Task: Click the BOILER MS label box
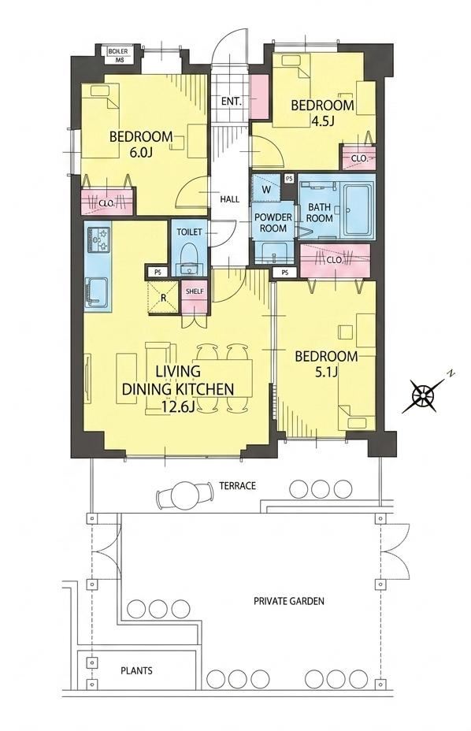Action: coord(120,54)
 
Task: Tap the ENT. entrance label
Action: coord(232,101)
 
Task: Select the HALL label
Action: coord(230,199)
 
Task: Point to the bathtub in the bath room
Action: coord(358,210)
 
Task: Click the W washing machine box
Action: coord(266,188)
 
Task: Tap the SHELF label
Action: coord(195,291)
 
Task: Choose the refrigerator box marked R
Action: coord(163,297)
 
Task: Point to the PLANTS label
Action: coord(136,671)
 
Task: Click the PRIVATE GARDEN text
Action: coord(288,601)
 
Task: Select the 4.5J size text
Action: coord(323,121)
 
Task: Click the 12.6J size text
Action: coord(178,406)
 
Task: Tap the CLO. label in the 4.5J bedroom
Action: coord(359,158)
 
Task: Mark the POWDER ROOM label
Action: coord(273,223)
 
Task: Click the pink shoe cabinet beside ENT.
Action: coord(259,96)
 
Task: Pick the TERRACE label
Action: coord(238,486)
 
